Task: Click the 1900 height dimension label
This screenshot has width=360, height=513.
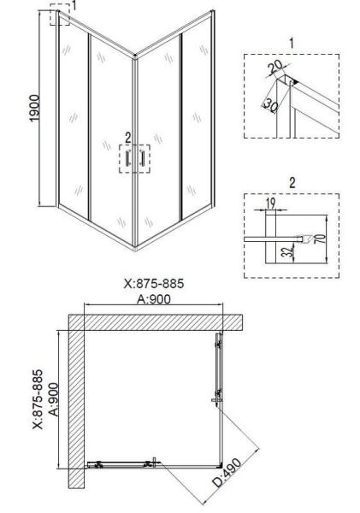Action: pos(34,109)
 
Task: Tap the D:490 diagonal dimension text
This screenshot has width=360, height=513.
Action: pos(227,473)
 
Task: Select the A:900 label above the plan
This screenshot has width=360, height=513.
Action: pos(154,298)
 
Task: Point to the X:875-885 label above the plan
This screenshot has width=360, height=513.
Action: pos(154,283)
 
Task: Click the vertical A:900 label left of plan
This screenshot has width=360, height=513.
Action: pos(54,399)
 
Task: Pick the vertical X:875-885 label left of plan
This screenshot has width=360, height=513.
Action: pos(38,399)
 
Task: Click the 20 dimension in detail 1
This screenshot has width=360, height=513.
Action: pos(274,67)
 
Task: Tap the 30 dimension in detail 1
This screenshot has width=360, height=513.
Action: pos(271,105)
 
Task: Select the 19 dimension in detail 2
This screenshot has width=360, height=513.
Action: pos(271,203)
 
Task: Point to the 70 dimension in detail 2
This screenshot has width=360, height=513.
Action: pos(322,239)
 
